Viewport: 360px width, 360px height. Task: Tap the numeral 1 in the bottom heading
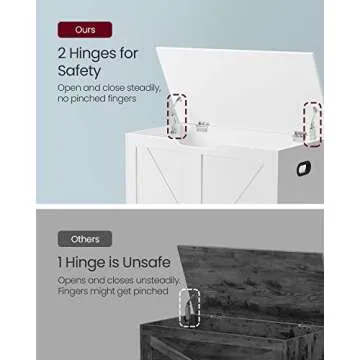61,260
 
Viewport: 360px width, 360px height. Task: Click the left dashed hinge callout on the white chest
176,117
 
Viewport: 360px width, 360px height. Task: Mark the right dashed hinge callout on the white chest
313,123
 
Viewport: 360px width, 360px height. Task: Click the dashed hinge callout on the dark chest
189,308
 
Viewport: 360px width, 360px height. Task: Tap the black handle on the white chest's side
302,168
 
